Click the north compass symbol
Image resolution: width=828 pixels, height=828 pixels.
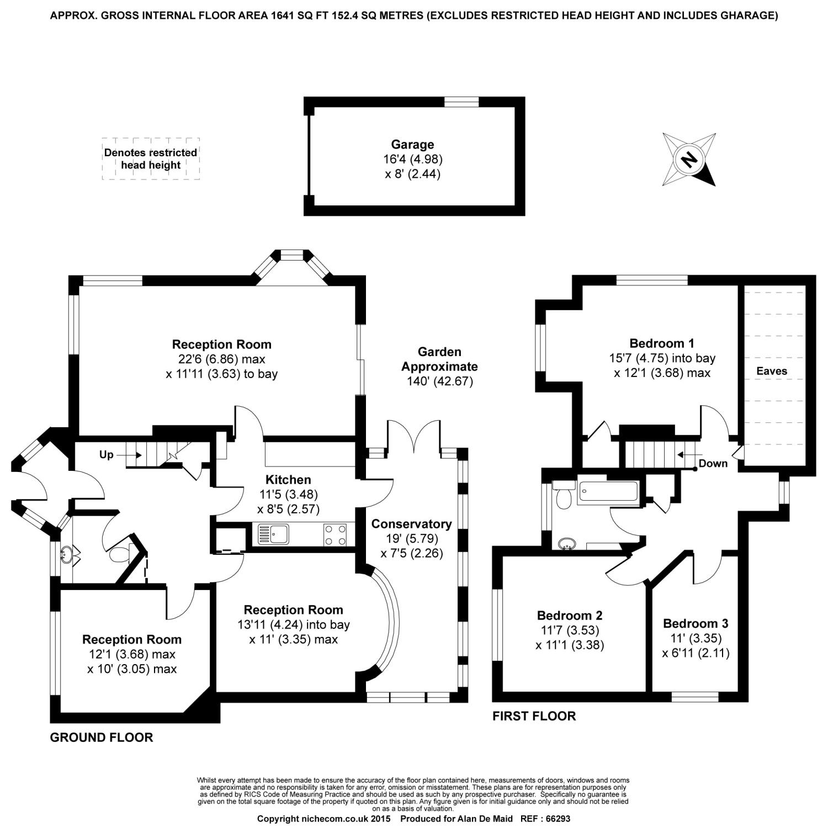click(689, 160)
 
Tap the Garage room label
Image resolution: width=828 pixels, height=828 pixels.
click(412, 145)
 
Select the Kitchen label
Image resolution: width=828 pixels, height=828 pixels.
click(288, 480)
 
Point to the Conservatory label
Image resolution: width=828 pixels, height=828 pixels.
click(411, 524)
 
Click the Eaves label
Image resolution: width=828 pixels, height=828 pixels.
click(771, 371)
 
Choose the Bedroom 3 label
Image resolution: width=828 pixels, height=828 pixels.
click(696, 624)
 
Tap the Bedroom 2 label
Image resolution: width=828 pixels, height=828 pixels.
click(570, 615)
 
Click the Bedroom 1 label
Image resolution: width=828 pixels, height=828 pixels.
click(662, 343)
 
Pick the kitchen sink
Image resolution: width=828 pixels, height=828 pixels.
click(273, 534)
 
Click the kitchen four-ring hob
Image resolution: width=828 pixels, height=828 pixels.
click(335, 534)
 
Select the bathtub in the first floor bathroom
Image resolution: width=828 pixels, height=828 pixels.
click(607, 492)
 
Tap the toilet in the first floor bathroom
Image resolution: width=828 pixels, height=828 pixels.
click(564, 497)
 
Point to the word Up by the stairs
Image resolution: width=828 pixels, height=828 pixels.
click(106, 455)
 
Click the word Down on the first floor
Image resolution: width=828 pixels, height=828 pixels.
click(713, 463)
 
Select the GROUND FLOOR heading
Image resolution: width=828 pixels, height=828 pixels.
click(101, 737)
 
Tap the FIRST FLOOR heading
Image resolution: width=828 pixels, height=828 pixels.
click(534, 716)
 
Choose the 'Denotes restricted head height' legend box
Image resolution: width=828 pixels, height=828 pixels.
click(151, 159)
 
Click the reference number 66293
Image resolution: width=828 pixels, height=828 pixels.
click(554, 819)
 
